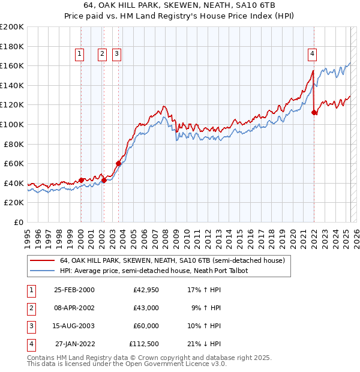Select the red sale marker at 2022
coord(314,112)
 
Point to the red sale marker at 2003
coord(118,163)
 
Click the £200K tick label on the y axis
coord(12,27)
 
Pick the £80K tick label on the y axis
coord(14,144)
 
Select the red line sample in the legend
coord(43,261)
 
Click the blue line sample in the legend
coord(43,271)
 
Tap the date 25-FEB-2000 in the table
coord(74,290)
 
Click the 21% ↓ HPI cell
coord(205,344)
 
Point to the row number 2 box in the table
coord(31,308)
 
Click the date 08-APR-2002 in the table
coord(74,308)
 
